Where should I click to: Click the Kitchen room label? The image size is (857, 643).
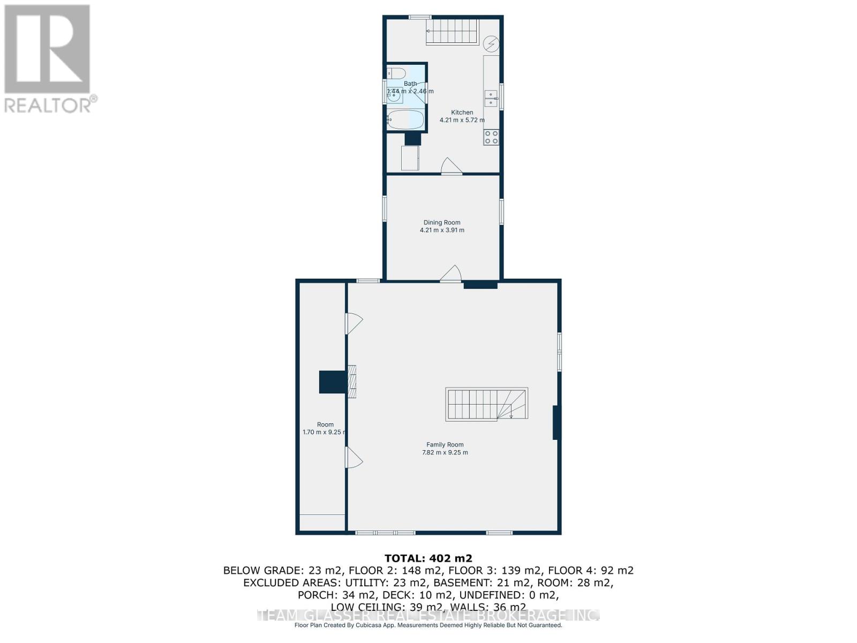pyautogui.click(x=462, y=113)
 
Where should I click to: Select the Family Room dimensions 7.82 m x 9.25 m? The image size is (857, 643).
pyautogui.click(x=445, y=452)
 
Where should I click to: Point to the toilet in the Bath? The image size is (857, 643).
pyautogui.click(x=397, y=73)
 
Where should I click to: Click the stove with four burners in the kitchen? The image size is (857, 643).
pyautogui.click(x=491, y=138)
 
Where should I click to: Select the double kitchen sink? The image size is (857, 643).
pyautogui.click(x=491, y=99)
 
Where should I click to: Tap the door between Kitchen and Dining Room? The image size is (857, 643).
pyautogui.click(x=451, y=167)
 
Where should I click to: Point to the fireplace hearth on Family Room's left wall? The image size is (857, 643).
pyautogui.click(x=351, y=382)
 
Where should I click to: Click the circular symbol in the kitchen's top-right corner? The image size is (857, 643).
pyautogui.click(x=491, y=43)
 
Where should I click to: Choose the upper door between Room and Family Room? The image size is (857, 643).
pyautogui.click(x=354, y=323)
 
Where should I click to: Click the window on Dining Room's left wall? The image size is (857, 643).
pyautogui.click(x=385, y=208)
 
